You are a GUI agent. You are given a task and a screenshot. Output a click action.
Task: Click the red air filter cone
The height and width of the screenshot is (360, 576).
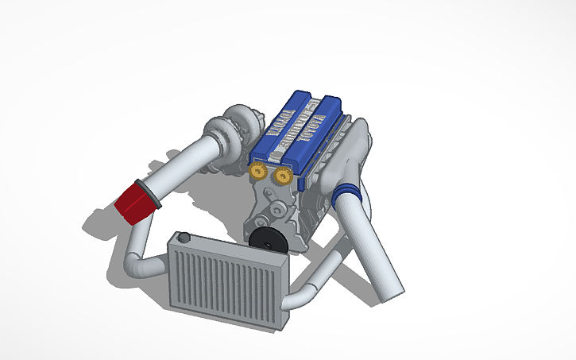(133, 202)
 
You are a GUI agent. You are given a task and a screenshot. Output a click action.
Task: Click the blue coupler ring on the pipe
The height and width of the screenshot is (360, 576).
(347, 193)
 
